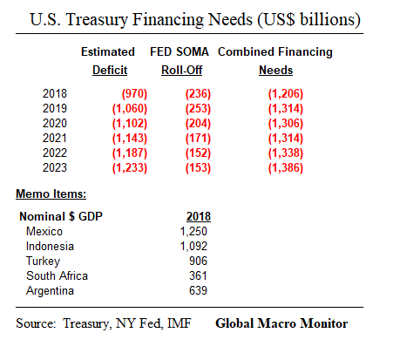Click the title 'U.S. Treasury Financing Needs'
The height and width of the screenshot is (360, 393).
(x=196, y=19)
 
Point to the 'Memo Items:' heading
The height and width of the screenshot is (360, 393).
(x=51, y=193)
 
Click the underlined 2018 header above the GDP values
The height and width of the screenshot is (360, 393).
(x=198, y=215)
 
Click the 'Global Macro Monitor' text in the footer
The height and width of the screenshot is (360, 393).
(x=281, y=324)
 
